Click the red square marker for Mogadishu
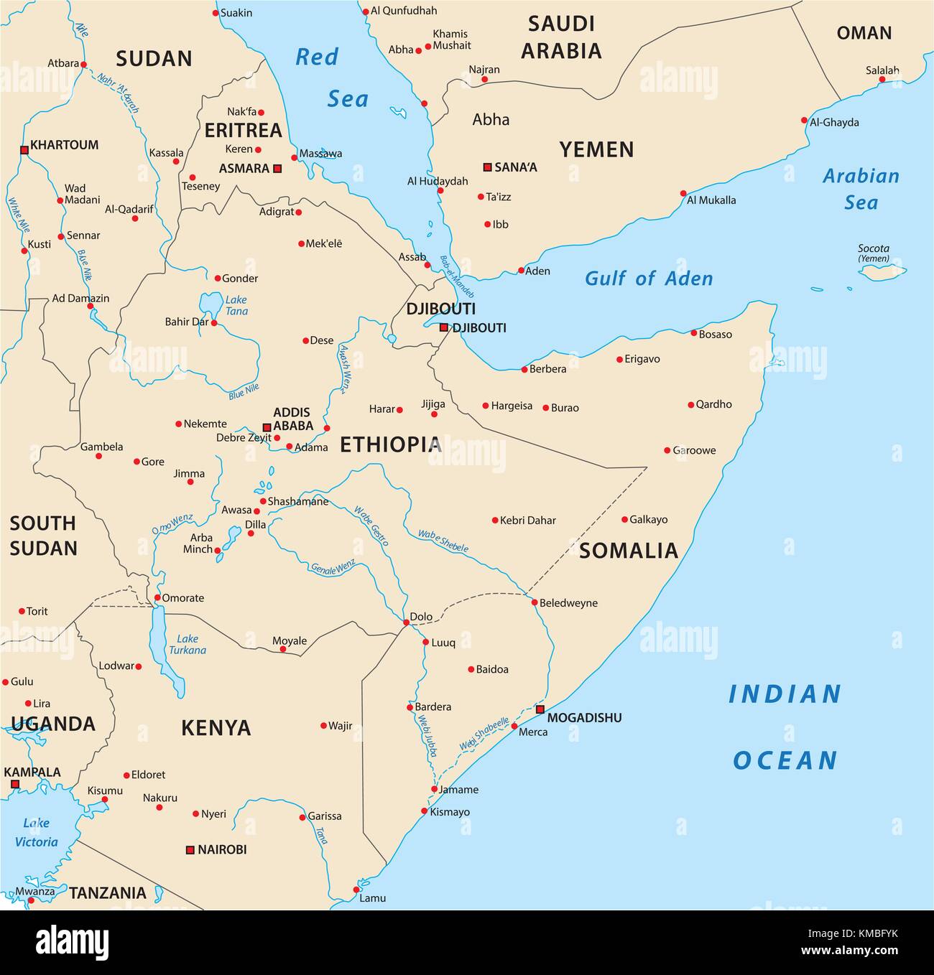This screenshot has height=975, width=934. pyautogui.click(x=540, y=709)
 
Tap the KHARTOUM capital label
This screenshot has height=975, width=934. pyautogui.click(x=64, y=145)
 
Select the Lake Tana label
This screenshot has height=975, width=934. pyautogui.click(x=236, y=305)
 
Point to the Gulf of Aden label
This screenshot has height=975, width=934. pyautogui.click(x=648, y=279)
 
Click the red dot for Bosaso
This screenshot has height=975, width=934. pyautogui.click(x=693, y=333)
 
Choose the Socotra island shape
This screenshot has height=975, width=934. pyautogui.click(x=882, y=272)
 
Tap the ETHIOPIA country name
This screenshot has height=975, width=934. pyautogui.click(x=390, y=444)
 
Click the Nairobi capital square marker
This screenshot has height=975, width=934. pyautogui.click(x=190, y=849)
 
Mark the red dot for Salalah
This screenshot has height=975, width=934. pyautogui.click(x=882, y=79)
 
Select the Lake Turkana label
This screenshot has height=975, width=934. pyautogui.click(x=188, y=644)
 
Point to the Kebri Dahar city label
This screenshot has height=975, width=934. pyautogui.click(x=528, y=521)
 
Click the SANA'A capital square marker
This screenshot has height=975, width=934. pyautogui.click(x=487, y=167)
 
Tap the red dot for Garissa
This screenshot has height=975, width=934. pyautogui.click(x=302, y=817)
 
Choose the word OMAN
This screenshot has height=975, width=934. pyautogui.click(x=864, y=33)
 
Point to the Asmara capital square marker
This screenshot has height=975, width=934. pyautogui.click(x=277, y=169)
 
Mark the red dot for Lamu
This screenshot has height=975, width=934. pyautogui.click(x=356, y=890)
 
